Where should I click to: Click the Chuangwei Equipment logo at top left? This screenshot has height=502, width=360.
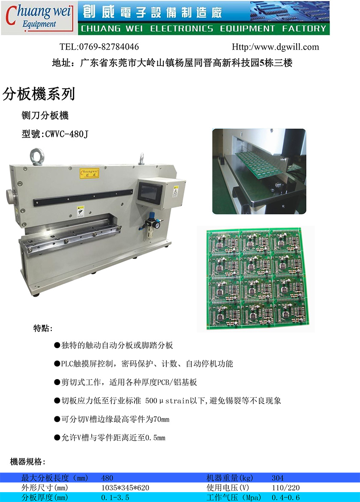pos(39,18)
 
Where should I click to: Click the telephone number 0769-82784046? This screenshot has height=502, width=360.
pos(109,47)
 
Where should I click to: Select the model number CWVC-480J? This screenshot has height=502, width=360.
pos(66,134)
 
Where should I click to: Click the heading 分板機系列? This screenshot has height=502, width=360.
pos(39,94)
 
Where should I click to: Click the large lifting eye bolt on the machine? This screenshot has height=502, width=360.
pos(37,157)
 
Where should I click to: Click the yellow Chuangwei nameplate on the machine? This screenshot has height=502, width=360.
pos(90,173)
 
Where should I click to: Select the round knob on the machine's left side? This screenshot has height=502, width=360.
pos(10,195)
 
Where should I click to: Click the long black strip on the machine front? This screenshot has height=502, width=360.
pos(83,197)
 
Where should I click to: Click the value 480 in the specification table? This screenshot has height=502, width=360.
pos(107,478)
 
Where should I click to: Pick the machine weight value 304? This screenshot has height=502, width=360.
pos(277,478)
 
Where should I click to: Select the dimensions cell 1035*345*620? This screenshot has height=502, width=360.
pos(125,488)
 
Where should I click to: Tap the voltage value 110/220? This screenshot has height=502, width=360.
pos(286,488)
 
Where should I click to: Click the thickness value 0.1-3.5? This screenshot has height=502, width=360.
pos(115,498)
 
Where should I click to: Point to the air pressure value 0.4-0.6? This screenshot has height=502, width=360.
pos(286,498)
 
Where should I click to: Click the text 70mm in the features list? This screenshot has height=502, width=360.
pos(162,419)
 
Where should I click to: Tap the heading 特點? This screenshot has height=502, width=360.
pos(43,328)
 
